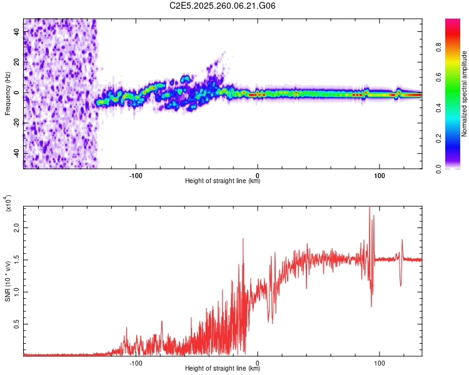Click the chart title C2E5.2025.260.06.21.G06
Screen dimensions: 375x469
tap(223, 6)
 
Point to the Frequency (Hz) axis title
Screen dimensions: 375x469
tap(8, 94)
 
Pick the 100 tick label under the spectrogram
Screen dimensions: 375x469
tap(379, 174)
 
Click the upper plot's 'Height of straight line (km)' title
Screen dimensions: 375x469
tap(223, 181)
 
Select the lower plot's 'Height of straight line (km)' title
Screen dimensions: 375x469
tap(223, 369)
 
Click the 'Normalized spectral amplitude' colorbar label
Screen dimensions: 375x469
tap(465, 94)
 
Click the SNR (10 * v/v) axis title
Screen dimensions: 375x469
tap(8, 281)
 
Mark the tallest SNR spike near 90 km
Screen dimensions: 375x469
tap(370, 208)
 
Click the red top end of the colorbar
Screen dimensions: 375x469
tap(453, 21)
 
